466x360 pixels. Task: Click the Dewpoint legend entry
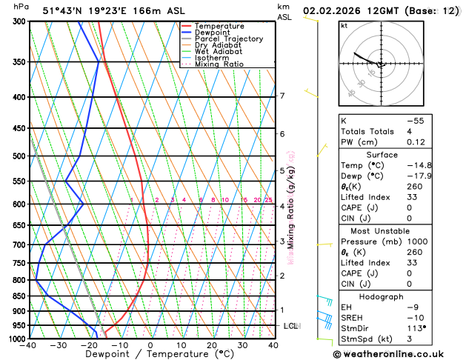[x=212, y=33]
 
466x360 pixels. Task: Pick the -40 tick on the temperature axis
[x=29, y=345]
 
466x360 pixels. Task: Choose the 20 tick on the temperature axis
[x=212, y=345]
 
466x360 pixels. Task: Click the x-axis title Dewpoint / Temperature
[x=150, y=355]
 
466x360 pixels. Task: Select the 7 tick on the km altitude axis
[x=282, y=96]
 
